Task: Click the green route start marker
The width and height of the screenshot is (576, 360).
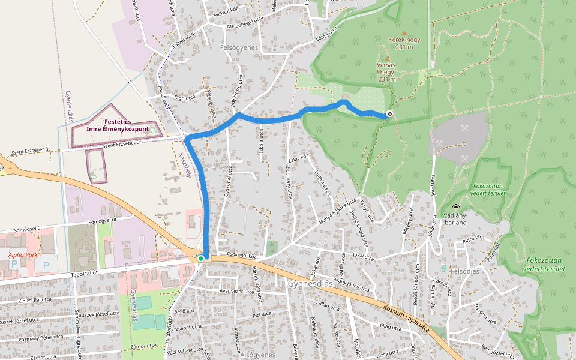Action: tap(201, 258)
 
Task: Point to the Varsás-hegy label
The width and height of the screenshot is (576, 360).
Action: tap(386, 71)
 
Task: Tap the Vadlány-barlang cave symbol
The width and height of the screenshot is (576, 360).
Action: tap(455, 207)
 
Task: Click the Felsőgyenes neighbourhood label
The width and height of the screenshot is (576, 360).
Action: tap(239, 47)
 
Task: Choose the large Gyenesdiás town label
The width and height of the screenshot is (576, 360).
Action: tap(310, 283)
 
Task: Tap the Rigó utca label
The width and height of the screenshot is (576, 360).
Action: tap(184, 97)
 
